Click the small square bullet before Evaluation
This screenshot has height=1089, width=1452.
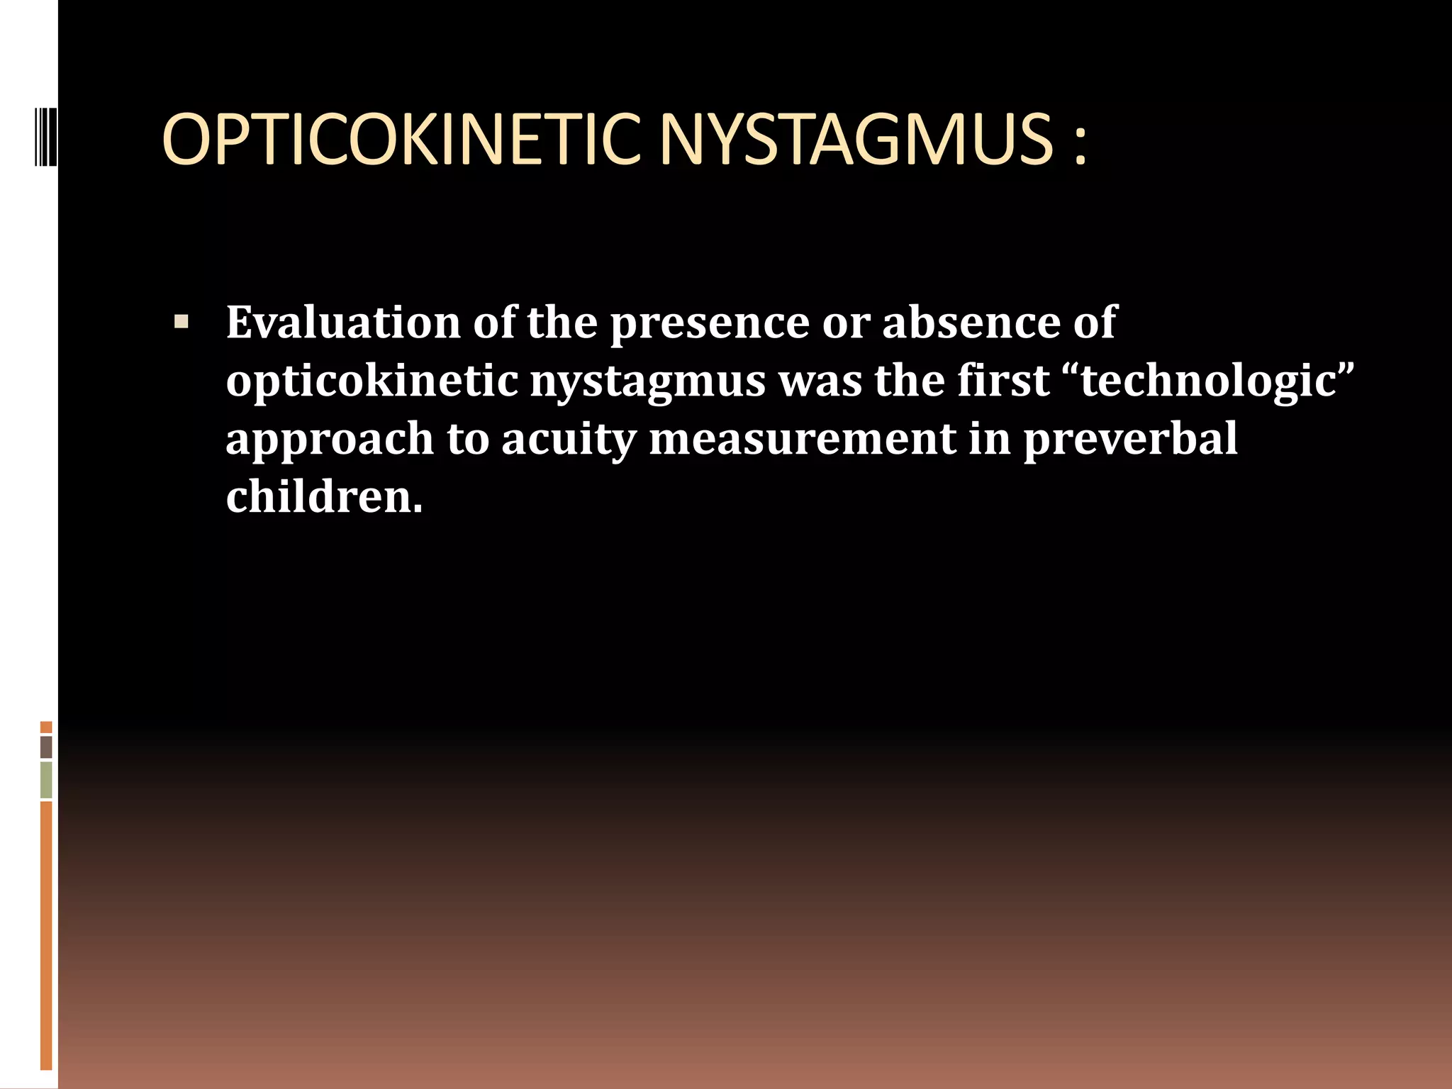[x=181, y=323]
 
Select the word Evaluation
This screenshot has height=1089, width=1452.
[x=343, y=323]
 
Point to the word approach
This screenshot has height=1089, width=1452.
[x=329, y=440]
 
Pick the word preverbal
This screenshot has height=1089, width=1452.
[x=1130, y=439]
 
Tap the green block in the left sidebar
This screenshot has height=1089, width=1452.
[x=46, y=780]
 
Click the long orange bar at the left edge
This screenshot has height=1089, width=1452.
[x=46, y=936]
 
